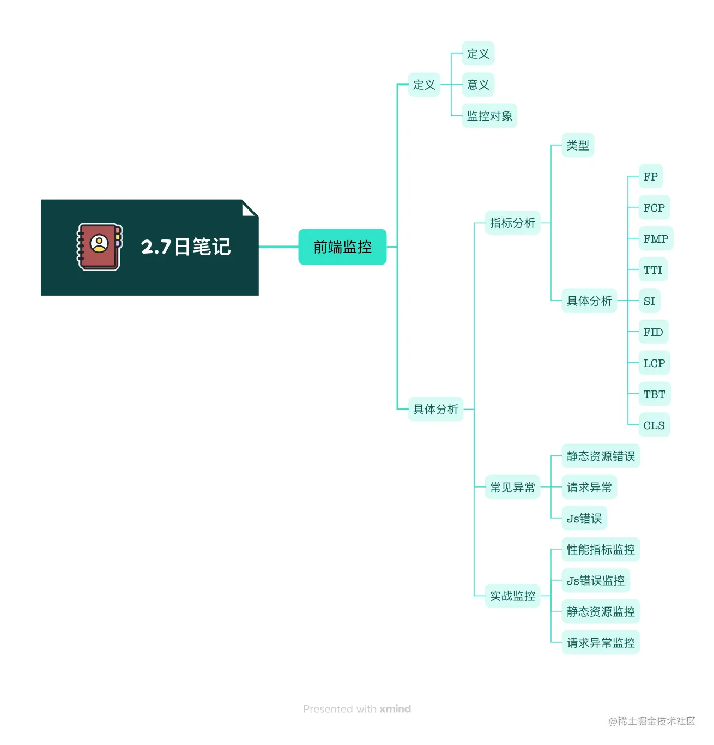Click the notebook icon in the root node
click(x=99, y=247)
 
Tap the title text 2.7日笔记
click(x=186, y=247)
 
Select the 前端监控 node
click(x=342, y=247)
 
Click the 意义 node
click(x=478, y=85)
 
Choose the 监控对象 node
click(x=489, y=116)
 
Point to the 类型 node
click(x=578, y=146)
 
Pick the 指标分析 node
click(x=512, y=223)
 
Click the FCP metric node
click(x=654, y=208)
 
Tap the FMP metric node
click(x=655, y=239)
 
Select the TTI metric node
click(x=652, y=270)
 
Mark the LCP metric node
click(x=654, y=363)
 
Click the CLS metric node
click(x=654, y=425)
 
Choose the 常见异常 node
click(x=512, y=488)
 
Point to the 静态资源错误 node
click(x=601, y=456)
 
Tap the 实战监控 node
click(x=512, y=596)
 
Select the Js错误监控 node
click(x=596, y=581)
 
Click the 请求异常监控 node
click(x=601, y=643)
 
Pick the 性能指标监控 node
click(x=601, y=550)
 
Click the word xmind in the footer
click(x=395, y=709)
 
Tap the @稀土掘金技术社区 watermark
click(x=652, y=722)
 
